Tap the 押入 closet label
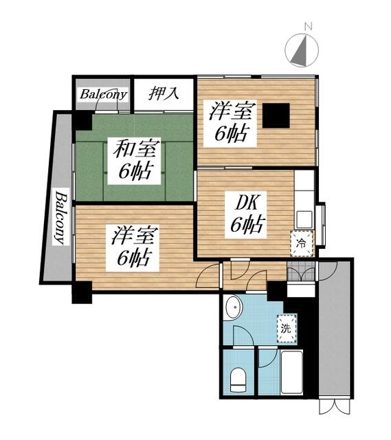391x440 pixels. click(164, 93)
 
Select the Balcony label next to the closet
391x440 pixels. click(103, 94)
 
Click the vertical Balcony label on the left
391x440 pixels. click(60, 217)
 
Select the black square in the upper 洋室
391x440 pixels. click(277, 115)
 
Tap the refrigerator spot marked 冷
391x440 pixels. click(301, 243)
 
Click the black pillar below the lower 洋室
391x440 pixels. click(81, 292)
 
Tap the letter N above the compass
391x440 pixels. click(309, 27)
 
